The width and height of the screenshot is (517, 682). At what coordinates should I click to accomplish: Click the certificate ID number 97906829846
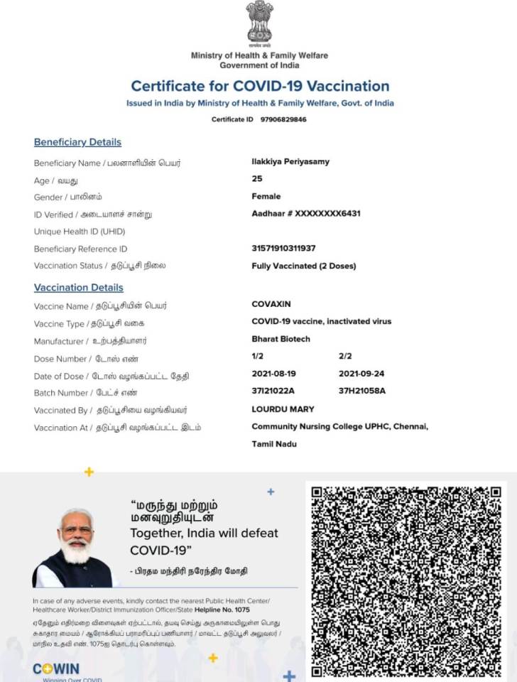pyautogui.click(x=283, y=119)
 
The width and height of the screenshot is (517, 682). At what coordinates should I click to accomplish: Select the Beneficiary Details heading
pyautogui.click(x=77, y=142)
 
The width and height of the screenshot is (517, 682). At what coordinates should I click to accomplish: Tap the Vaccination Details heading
pyautogui.click(x=79, y=288)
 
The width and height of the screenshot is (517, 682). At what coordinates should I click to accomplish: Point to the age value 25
pyautogui.click(x=257, y=179)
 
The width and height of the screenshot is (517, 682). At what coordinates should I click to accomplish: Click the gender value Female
pyautogui.click(x=266, y=196)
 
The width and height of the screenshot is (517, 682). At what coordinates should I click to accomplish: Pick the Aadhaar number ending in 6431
pyautogui.click(x=306, y=213)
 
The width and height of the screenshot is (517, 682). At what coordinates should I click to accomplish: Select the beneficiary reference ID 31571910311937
pyautogui.click(x=283, y=249)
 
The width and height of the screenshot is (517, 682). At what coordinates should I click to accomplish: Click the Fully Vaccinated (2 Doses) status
pyautogui.click(x=304, y=266)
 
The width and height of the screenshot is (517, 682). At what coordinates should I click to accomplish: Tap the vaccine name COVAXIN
pyautogui.click(x=271, y=304)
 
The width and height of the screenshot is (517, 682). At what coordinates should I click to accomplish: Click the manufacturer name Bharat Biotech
pyautogui.click(x=281, y=339)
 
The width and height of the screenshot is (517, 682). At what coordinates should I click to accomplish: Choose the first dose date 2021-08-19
pyautogui.click(x=273, y=374)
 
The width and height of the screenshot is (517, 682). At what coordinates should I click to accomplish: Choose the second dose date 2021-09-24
pyautogui.click(x=361, y=374)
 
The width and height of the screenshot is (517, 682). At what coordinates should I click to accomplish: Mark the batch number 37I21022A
pyautogui.click(x=273, y=391)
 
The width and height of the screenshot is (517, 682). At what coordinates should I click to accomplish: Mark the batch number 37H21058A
pyautogui.click(x=362, y=391)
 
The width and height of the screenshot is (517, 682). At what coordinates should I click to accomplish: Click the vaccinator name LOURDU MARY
pyautogui.click(x=283, y=409)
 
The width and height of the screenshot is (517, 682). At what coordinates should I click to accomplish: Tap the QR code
pyautogui.click(x=406, y=581)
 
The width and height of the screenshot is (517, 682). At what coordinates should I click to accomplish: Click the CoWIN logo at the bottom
pyautogui.click(x=56, y=669)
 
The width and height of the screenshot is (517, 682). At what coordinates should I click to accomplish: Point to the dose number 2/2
pyautogui.click(x=345, y=356)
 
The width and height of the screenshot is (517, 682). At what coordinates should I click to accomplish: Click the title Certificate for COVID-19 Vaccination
pyautogui.click(x=260, y=86)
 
